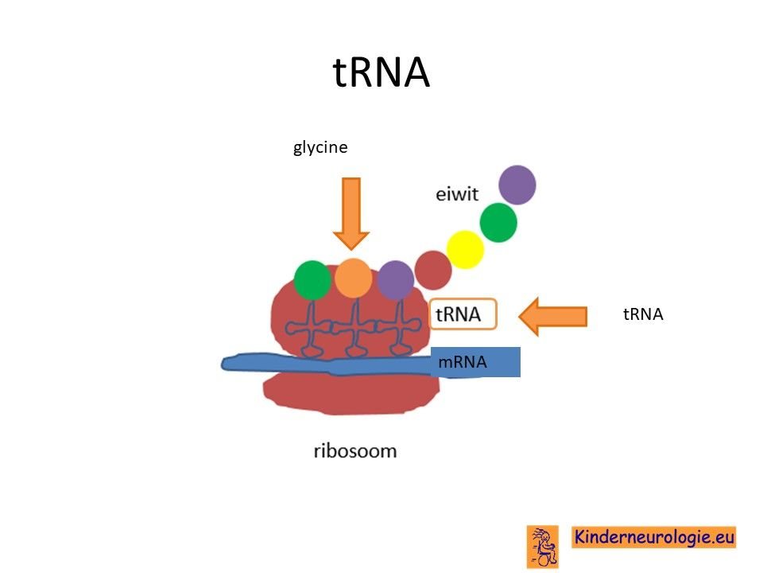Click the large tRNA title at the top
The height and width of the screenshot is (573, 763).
point(381,72)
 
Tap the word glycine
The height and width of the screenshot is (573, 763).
point(320,147)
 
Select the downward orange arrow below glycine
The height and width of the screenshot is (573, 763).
point(351,213)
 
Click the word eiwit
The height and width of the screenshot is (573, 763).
point(456,194)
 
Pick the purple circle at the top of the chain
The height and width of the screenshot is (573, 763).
point(517,185)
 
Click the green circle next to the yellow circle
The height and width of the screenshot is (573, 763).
point(498,223)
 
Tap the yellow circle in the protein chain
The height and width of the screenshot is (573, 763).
point(465,249)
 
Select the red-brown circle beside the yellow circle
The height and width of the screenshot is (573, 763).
point(433,271)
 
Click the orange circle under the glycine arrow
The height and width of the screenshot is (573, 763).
point(353,278)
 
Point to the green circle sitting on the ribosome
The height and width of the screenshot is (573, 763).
point(312,280)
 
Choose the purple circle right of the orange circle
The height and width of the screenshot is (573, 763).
point(396,280)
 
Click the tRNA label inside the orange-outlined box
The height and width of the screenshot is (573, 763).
point(458,314)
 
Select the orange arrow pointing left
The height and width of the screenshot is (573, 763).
point(553,316)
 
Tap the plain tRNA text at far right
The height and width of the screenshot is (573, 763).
point(643,314)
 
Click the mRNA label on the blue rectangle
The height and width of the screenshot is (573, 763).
point(463,362)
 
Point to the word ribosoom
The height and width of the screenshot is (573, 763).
point(355,450)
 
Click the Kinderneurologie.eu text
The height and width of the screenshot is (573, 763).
point(654,537)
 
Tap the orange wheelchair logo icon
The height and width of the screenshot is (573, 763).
point(543,547)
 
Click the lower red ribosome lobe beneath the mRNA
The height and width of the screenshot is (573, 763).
point(351,394)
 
